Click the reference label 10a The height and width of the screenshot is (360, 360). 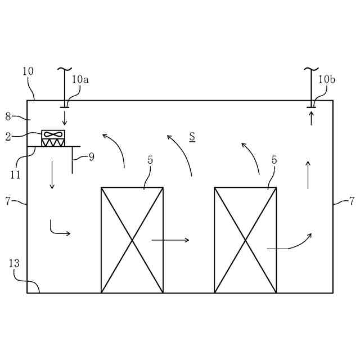pyautogui.click(x=80, y=79)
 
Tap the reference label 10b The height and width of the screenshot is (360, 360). pyautogui.click(x=327, y=79)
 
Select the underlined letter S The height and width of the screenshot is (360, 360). pyautogui.click(x=192, y=136)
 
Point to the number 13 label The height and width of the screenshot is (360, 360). pyautogui.click(x=14, y=263)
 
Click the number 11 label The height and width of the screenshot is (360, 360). pyautogui.click(x=15, y=174)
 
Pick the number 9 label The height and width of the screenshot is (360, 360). pyautogui.click(x=91, y=157)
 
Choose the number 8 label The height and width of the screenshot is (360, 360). pyautogui.click(x=8, y=116)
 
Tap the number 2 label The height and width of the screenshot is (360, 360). pyautogui.click(x=8, y=136)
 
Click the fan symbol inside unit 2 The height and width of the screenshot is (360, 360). pyautogui.click(x=53, y=134)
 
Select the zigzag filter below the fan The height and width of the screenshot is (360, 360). pyautogui.click(x=53, y=143)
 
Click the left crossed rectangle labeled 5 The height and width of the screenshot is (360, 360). pyautogui.click(x=132, y=240)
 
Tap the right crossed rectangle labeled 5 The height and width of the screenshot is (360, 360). pyautogui.click(x=245, y=240)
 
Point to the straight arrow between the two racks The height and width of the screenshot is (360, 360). pyautogui.click(x=170, y=240)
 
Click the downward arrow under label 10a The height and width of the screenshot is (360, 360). pyautogui.click(x=65, y=118)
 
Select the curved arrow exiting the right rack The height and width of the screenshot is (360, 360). pyautogui.click(x=289, y=242)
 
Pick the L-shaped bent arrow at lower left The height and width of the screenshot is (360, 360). pyautogui.click(x=58, y=229)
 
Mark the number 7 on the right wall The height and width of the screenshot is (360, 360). pyautogui.click(x=352, y=201)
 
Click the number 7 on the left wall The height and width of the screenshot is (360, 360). pyautogui.click(x=8, y=201)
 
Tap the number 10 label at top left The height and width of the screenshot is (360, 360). pyautogui.click(x=28, y=71)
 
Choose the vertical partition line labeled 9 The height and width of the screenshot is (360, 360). pyautogui.click(x=72, y=160)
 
